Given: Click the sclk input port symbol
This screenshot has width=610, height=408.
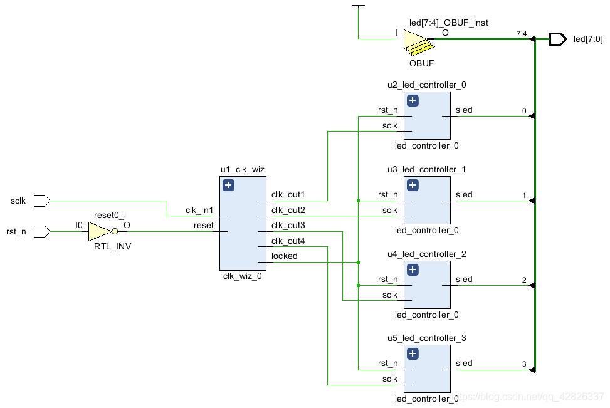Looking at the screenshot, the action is [x=42, y=201].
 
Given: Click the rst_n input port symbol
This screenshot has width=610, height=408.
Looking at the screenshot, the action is [x=42, y=231].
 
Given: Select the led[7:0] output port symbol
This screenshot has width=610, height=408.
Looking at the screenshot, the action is [x=558, y=39].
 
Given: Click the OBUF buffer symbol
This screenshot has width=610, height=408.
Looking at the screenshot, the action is [x=419, y=43].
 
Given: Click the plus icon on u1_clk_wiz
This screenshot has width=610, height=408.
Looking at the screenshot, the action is [x=228, y=185].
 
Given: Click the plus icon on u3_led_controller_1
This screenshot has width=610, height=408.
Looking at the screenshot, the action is [x=413, y=185].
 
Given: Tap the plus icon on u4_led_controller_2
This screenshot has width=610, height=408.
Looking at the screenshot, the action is [x=413, y=269].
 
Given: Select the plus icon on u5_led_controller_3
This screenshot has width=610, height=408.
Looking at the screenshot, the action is [x=413, y=354].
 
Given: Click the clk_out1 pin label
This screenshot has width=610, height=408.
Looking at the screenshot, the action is [x=288, y=194].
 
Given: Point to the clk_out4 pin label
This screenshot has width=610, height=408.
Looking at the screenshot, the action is [x=288, y=241].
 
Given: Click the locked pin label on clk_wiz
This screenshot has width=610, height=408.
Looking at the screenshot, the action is [x=285, y=256].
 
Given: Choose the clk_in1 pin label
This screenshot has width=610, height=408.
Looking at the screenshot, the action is [x=199, y=211].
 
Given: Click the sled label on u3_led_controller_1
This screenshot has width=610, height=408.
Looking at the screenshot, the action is [x=464, y=194].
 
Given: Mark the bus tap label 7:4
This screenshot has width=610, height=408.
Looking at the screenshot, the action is [x=522, y=34].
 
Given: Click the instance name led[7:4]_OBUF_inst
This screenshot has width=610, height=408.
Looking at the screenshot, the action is [x=448, y=23].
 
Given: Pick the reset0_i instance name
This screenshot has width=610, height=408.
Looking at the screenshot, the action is [x=110, y=215].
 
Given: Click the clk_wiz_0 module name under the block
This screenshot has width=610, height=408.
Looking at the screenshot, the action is [x=243, y=276].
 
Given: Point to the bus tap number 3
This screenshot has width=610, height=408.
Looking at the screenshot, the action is [x=524, y=364].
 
